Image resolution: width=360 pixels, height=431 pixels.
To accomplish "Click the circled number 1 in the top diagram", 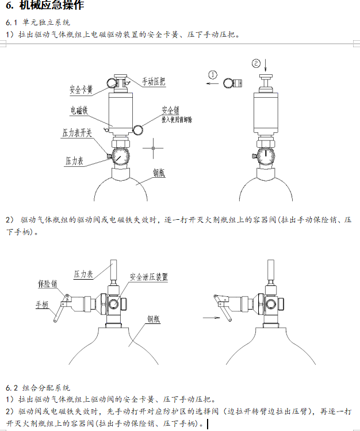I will (x=213, y=74).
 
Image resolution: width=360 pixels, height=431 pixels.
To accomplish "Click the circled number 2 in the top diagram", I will (x=256, y=63).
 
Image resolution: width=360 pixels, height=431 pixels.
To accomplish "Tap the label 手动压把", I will (x=154, y=82).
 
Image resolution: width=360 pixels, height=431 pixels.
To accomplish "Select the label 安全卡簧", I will (x=82, y=90).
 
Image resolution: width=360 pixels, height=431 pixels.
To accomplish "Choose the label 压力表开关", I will (x=78, y=134).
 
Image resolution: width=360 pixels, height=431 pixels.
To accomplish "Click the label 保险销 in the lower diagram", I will (x=48, y=284).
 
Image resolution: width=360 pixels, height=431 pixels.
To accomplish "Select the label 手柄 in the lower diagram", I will (x=42, y=305).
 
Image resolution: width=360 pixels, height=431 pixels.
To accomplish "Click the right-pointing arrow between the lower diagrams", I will (x=212, y=316).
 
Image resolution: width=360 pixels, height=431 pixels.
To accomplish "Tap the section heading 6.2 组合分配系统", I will (x=38, y=388).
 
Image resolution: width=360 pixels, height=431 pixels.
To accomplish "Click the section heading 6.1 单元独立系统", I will (x=38, y=22).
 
